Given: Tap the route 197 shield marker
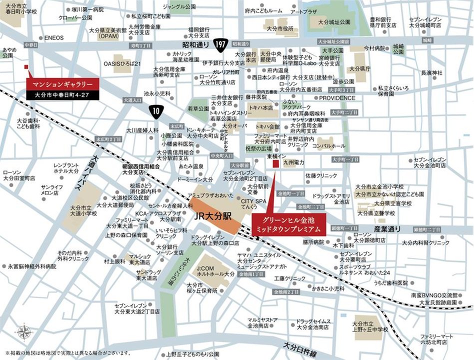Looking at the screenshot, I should [x=219, y=44].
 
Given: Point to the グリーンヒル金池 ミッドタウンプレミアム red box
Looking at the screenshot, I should [x=288, y=224].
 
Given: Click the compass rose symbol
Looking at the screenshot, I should [x=23, y=332].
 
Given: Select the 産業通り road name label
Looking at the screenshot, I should [x=387, y=228].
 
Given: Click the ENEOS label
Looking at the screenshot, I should [x=54, y=37].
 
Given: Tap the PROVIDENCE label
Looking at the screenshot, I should [x=337, y=98].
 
